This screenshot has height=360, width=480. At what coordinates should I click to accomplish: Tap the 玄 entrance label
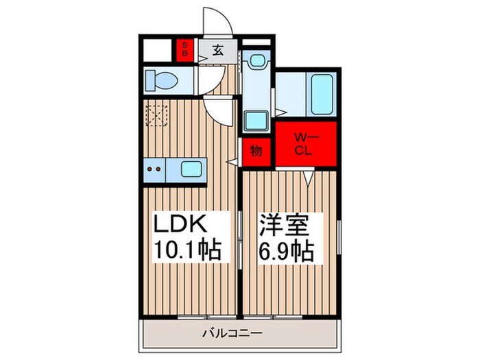(217, 49)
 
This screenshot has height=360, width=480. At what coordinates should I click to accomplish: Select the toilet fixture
(161, 81)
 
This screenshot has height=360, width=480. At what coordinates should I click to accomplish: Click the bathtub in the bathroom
(321, 94)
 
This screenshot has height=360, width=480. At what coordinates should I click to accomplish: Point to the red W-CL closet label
(304, 145)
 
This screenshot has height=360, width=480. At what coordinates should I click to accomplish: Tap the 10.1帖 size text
(187, 252)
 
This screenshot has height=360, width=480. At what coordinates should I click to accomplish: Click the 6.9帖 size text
(285, 252)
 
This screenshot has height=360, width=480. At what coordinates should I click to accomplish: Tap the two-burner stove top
(156, 169)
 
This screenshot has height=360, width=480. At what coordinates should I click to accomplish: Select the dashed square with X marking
(156, 114)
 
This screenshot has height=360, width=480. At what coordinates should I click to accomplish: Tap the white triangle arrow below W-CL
(309, 177)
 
